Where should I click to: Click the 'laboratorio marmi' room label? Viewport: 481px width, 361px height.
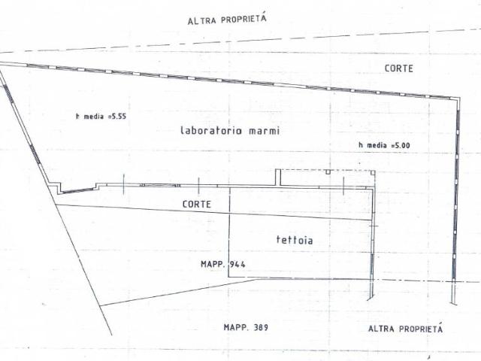(230, 130)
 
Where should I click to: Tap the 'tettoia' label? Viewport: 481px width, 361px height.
(295, 240)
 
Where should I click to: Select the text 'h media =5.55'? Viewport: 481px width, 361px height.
(101, 117)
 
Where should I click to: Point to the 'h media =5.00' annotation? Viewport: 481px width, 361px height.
(384, 145)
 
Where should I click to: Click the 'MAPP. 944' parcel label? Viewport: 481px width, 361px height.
(223, 264)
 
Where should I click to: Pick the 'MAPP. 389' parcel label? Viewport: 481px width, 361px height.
(246, 327)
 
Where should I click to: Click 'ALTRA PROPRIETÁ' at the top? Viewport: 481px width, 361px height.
(227, 19)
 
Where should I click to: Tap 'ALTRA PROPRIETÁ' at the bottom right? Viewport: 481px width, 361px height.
(406, 329)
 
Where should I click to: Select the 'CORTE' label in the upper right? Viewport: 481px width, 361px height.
(399, 68)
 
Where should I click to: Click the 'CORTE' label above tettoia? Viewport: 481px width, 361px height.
(197, 204)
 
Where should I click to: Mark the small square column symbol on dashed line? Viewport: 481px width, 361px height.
(328, 172)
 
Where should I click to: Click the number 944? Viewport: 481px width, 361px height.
(237, 264)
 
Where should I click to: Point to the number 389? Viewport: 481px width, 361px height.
(261, 327)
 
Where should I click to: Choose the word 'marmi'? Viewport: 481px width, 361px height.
(264, 131)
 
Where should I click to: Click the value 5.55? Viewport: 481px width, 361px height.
(119, 117)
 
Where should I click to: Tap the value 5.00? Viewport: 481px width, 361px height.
(402, 145)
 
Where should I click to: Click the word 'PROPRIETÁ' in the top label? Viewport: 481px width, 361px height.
(244, 18)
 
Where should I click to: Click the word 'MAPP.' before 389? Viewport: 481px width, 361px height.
(236, 327)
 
